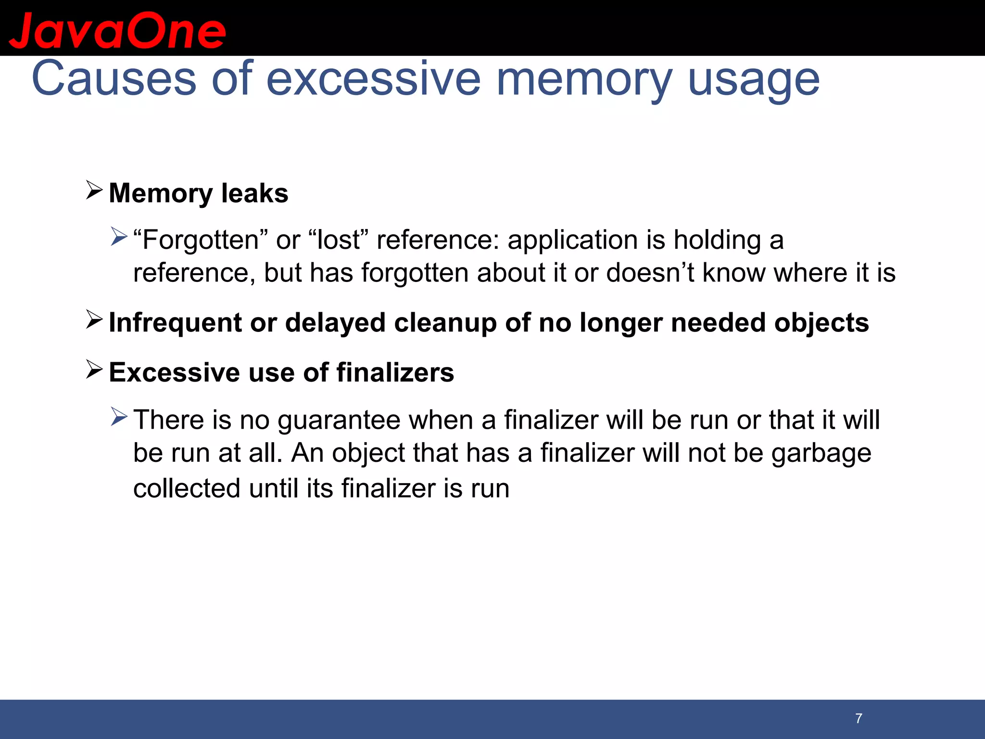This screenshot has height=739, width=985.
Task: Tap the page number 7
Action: coord(859,718)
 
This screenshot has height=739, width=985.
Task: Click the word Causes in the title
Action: coord(114,78)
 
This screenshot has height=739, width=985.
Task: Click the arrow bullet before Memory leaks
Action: coord(94,191)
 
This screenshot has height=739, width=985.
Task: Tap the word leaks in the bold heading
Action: coord(254,193)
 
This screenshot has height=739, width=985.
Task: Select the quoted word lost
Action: coord(339,240)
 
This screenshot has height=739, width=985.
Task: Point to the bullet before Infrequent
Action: coord(94,320)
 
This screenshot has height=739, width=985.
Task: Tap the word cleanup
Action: coord(445,323)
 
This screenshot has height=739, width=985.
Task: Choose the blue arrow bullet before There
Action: coord(119,417)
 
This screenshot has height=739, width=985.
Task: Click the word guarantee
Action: coord(339,420)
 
